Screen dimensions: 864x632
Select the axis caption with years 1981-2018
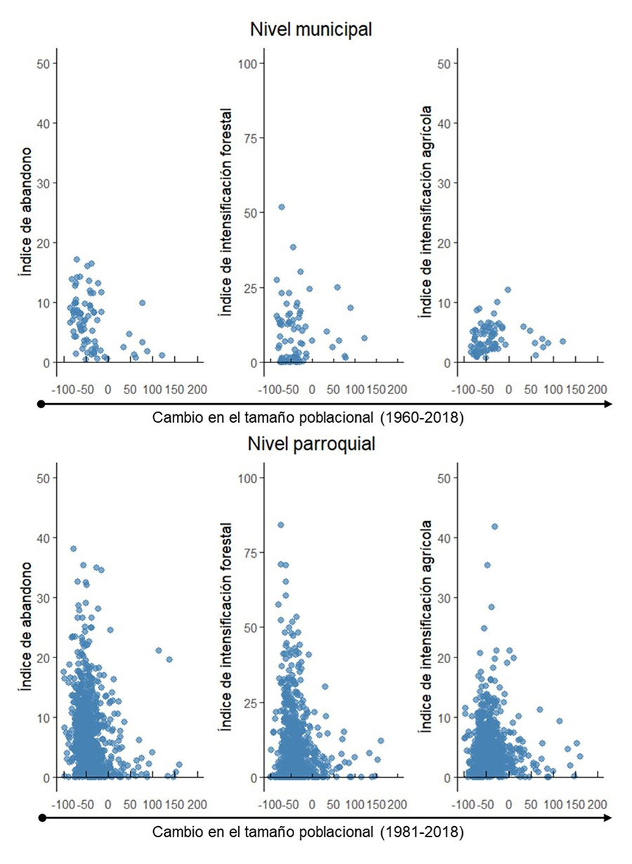point(308,832)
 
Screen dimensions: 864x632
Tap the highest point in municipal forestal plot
point(282,207)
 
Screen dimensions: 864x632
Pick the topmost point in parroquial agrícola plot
point(494,526)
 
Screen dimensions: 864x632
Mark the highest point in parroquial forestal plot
point(280,525)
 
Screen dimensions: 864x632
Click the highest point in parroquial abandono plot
point(73,549)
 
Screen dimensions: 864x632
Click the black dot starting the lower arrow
point(41,818)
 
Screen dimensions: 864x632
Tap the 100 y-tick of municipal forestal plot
point(251,63)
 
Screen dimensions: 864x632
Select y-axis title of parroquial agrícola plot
point(426,627)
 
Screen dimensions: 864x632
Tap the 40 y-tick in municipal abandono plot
point(44,123)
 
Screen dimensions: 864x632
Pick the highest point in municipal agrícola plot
point(508,289)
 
